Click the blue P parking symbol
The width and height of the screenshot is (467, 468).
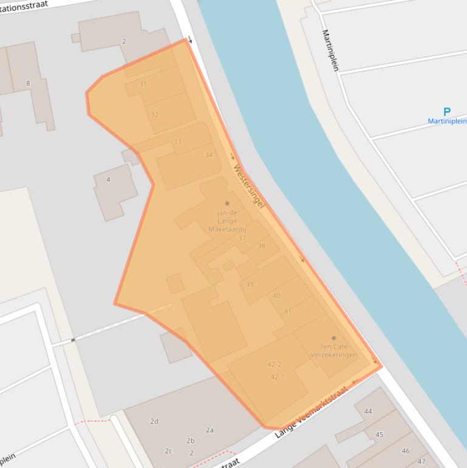pos(447,112)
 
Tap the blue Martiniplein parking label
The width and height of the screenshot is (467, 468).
pos(447,121)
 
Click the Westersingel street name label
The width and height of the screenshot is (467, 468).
pos(249,188)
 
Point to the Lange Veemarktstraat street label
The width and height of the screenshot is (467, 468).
pos(313,412)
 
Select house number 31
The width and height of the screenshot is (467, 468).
pos(143,84)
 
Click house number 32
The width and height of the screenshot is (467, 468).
pos(154,114)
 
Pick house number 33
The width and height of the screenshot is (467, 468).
pos(177,142)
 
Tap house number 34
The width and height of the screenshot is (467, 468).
pos(208,155)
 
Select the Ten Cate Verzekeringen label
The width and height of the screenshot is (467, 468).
pos(334,351)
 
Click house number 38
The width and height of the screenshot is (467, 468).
pos(261,246)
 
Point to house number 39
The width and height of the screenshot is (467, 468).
pos(250,284)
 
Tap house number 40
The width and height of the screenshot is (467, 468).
pos(276,296)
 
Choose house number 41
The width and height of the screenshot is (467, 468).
pos(287,311)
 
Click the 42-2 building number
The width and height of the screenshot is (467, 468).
pos(274,365)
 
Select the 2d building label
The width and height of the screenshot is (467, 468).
pos(154,421)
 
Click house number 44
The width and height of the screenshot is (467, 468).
pos(368,411)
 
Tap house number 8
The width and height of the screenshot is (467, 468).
pos(28,83)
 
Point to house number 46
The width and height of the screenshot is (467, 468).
pos(406,451)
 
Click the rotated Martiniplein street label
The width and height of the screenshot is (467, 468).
pos(330,50)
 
